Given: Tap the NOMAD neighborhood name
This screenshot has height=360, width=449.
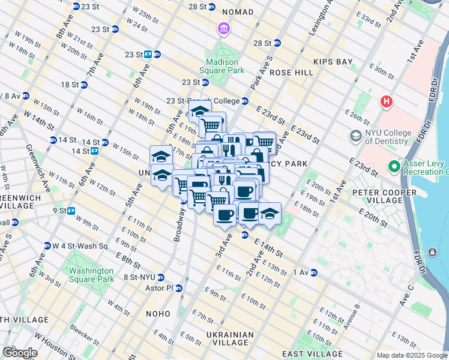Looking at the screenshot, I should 238,12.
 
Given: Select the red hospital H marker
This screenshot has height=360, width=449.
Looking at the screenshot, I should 385,101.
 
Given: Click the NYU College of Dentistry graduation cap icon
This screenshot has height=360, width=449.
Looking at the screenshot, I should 356,137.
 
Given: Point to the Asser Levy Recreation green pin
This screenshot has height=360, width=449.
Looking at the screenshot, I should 394,166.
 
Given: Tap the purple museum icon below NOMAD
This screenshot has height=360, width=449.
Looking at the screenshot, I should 223,29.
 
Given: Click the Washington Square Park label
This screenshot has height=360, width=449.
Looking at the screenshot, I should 91,275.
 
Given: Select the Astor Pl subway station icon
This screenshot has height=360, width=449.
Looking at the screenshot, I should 178,289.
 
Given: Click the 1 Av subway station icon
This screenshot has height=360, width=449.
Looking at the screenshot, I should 313,272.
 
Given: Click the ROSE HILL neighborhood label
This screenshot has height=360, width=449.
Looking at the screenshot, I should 291,73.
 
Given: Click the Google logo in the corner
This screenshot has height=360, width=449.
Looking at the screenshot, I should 20,353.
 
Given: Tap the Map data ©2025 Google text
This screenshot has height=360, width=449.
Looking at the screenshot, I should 412,355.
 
